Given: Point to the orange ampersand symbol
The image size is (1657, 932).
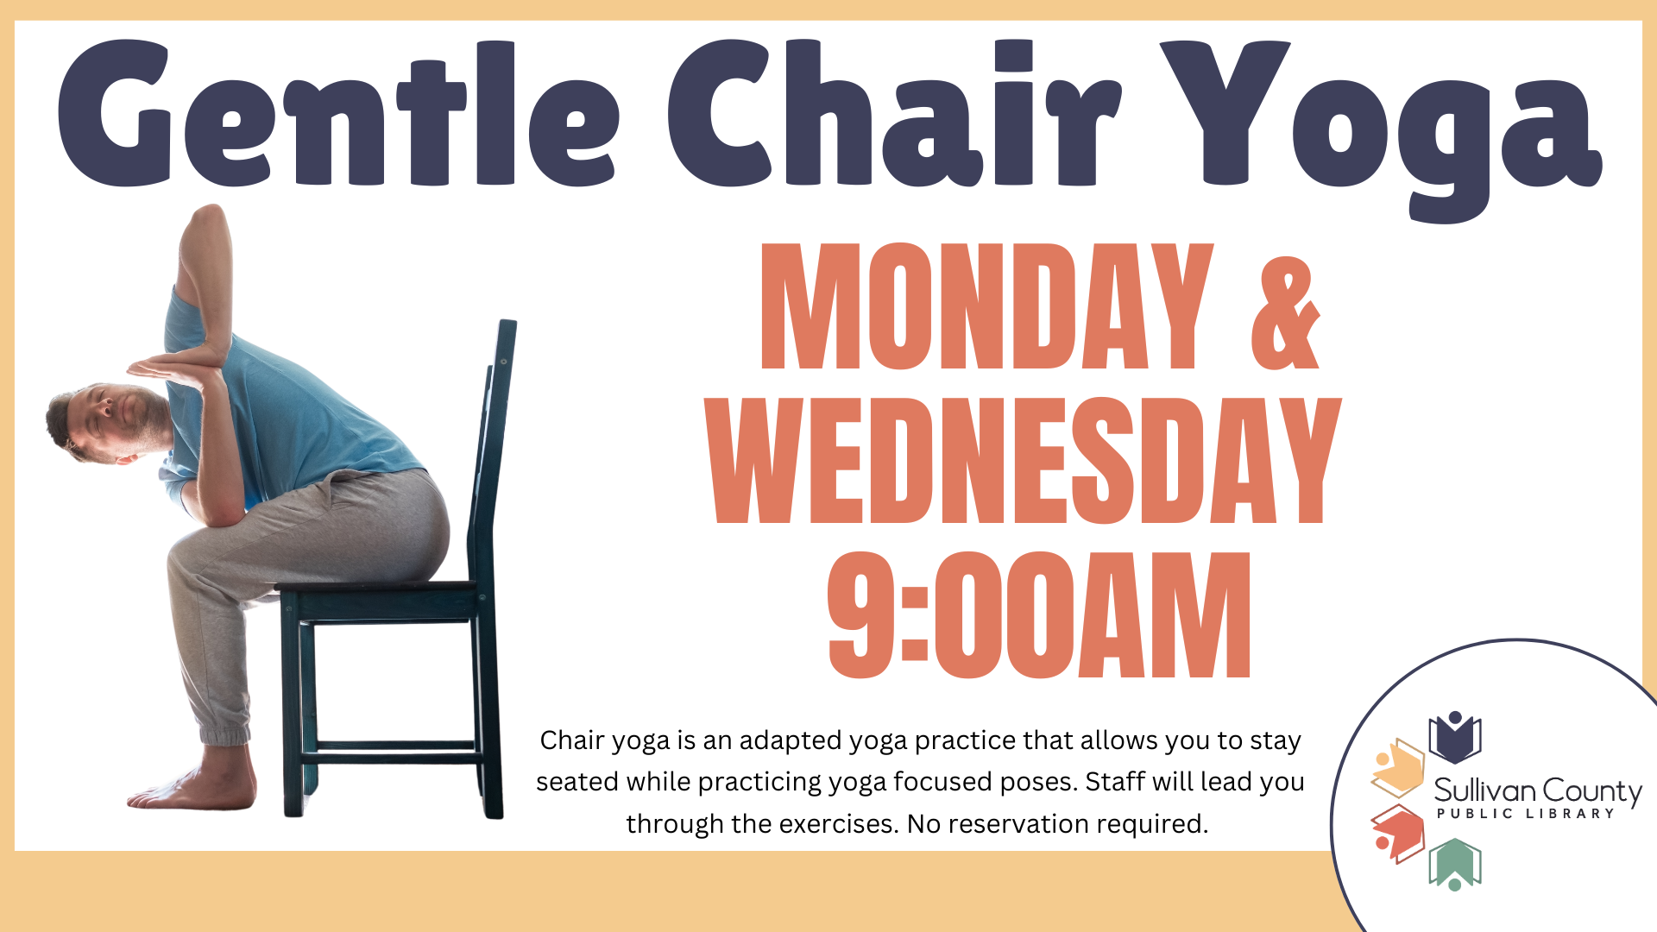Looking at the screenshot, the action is point(1285,312).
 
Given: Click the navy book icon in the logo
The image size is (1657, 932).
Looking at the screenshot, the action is point(1455,737).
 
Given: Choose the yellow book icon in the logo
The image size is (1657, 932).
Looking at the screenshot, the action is point(1398,767).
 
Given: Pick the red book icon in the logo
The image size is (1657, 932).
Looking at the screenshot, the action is point(1398,833).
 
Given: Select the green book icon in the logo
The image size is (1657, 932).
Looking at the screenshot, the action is point(1455,864).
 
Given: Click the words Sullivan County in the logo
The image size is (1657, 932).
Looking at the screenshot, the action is point(1538,790).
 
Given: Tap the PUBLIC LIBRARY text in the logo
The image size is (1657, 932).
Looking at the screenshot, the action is point(1525,813).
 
